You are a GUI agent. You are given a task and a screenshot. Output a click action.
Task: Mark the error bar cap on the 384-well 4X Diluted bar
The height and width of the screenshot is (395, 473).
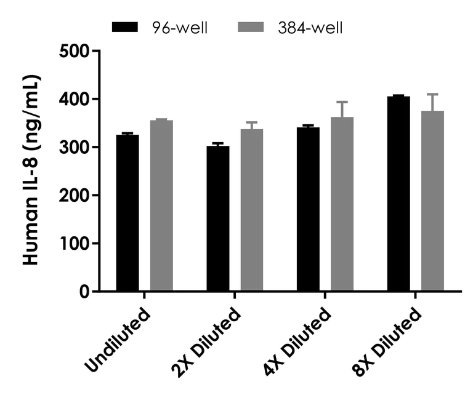(x=342, y=102)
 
